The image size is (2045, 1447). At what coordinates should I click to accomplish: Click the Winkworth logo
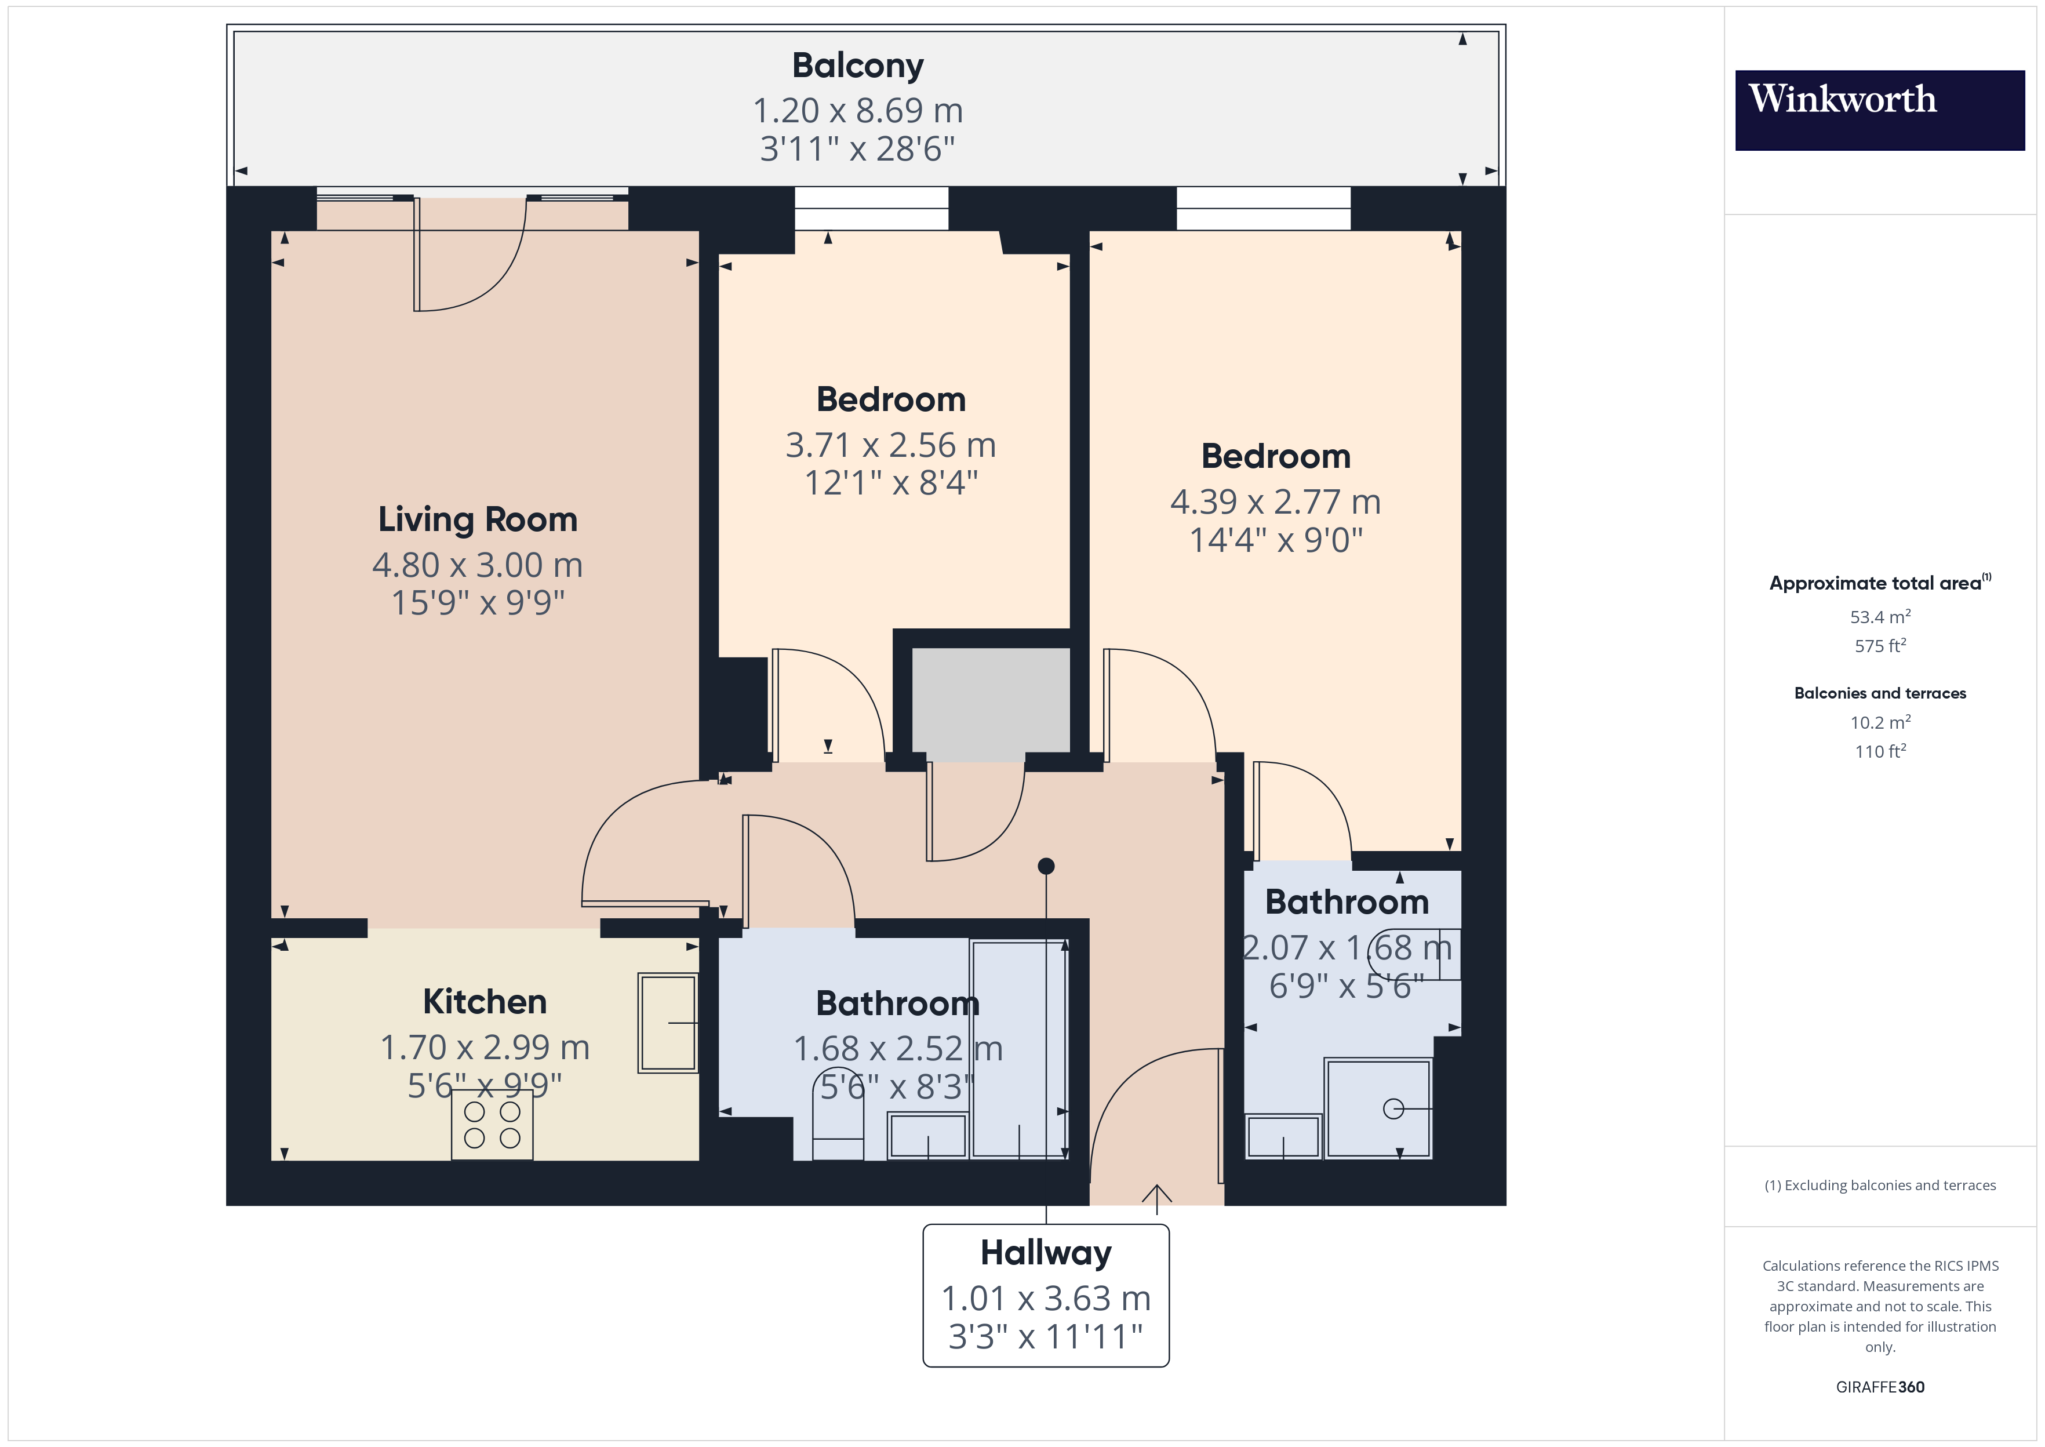tap(1879, 110)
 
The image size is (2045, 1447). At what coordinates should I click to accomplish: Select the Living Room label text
tap(478, 519)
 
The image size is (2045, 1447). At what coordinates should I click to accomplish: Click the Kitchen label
tap(485, 1002)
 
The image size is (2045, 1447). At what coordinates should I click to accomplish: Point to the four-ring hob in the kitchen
tap(492, 1125)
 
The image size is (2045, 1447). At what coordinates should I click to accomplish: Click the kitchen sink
tap(667, 1022)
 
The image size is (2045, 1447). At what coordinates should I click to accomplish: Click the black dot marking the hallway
tap(1046, 866)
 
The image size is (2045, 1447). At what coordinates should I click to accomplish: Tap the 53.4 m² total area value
tap(1879, 617)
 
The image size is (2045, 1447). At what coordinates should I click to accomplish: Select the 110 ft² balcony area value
tap(1879, 751)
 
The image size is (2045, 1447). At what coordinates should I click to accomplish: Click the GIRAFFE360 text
tap(1879, 1387)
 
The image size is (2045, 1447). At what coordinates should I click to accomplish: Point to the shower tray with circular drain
tap(1378, 1108)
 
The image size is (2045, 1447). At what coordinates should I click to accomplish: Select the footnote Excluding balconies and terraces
tap(1879, 1185)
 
